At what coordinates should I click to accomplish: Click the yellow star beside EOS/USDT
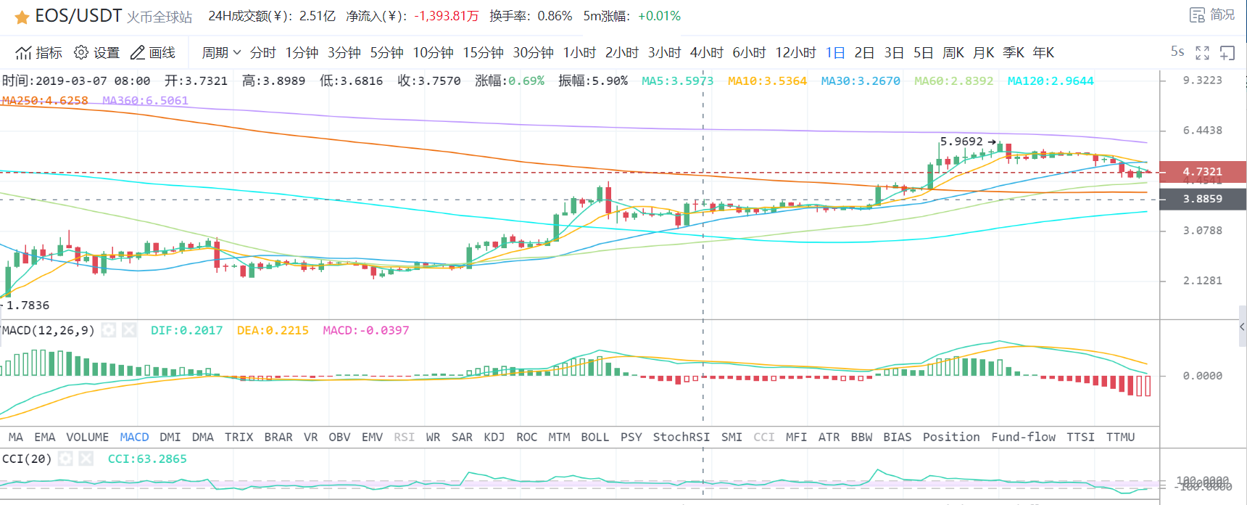(22, 17)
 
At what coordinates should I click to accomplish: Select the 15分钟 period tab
(483, 53)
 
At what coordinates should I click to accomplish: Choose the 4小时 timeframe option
(706, 53)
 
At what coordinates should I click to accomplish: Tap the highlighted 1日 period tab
(835, 53)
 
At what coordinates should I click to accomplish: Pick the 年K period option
(1043, 53)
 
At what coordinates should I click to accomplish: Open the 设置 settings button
(97, 53)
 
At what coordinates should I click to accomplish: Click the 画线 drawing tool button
(153, 53)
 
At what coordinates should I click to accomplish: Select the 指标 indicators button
(39, 53)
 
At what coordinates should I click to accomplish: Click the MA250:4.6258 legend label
(45, 101)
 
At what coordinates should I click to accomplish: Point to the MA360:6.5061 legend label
(145, 101)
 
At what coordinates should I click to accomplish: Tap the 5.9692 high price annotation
(961, 141)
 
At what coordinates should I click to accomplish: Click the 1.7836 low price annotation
(28, 305)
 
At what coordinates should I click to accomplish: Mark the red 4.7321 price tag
(1202, 172)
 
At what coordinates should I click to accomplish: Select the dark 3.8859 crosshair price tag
(1202, 199)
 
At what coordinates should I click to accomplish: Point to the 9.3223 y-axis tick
(1202, 81)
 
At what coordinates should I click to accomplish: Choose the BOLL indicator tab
(594, 437)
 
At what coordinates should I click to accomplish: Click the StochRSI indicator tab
(681, 437)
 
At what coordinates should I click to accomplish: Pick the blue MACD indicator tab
(134, 437)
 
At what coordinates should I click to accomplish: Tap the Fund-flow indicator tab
(1023, 437)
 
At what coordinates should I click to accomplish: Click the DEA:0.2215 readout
(273, 331)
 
